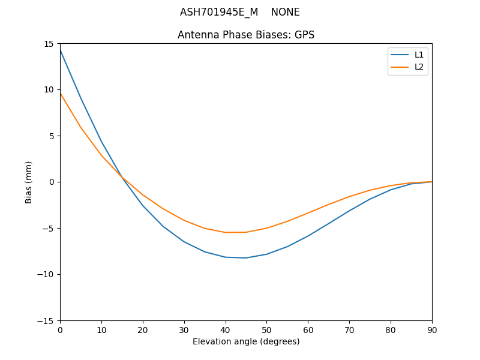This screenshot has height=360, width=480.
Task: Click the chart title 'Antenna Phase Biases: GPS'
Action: point(246,35)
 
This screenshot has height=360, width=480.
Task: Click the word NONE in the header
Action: point(285,12)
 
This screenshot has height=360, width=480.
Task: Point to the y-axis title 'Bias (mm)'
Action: point(29,182)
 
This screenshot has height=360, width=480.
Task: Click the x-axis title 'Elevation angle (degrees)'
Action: point(246,341)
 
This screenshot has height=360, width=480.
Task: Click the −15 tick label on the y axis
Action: point(46,321)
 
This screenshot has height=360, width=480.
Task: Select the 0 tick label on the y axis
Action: point(52,182)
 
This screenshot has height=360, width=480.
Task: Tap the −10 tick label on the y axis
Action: point(46,275)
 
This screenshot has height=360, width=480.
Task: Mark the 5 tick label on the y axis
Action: point(52,136)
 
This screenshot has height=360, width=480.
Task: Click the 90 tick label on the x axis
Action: point(432,330)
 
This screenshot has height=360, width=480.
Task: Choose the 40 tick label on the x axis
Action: point(225,330)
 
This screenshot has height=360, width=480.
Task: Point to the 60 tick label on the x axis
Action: point(308,330)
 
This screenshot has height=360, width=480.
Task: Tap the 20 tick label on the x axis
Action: point(143,330)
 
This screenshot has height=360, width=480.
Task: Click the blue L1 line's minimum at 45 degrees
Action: point(246,258)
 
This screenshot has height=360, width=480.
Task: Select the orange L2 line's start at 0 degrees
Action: point(60,93)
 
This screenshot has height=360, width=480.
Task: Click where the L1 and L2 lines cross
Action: point(122,178)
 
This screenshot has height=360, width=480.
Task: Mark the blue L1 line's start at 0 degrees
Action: point(60,50)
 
